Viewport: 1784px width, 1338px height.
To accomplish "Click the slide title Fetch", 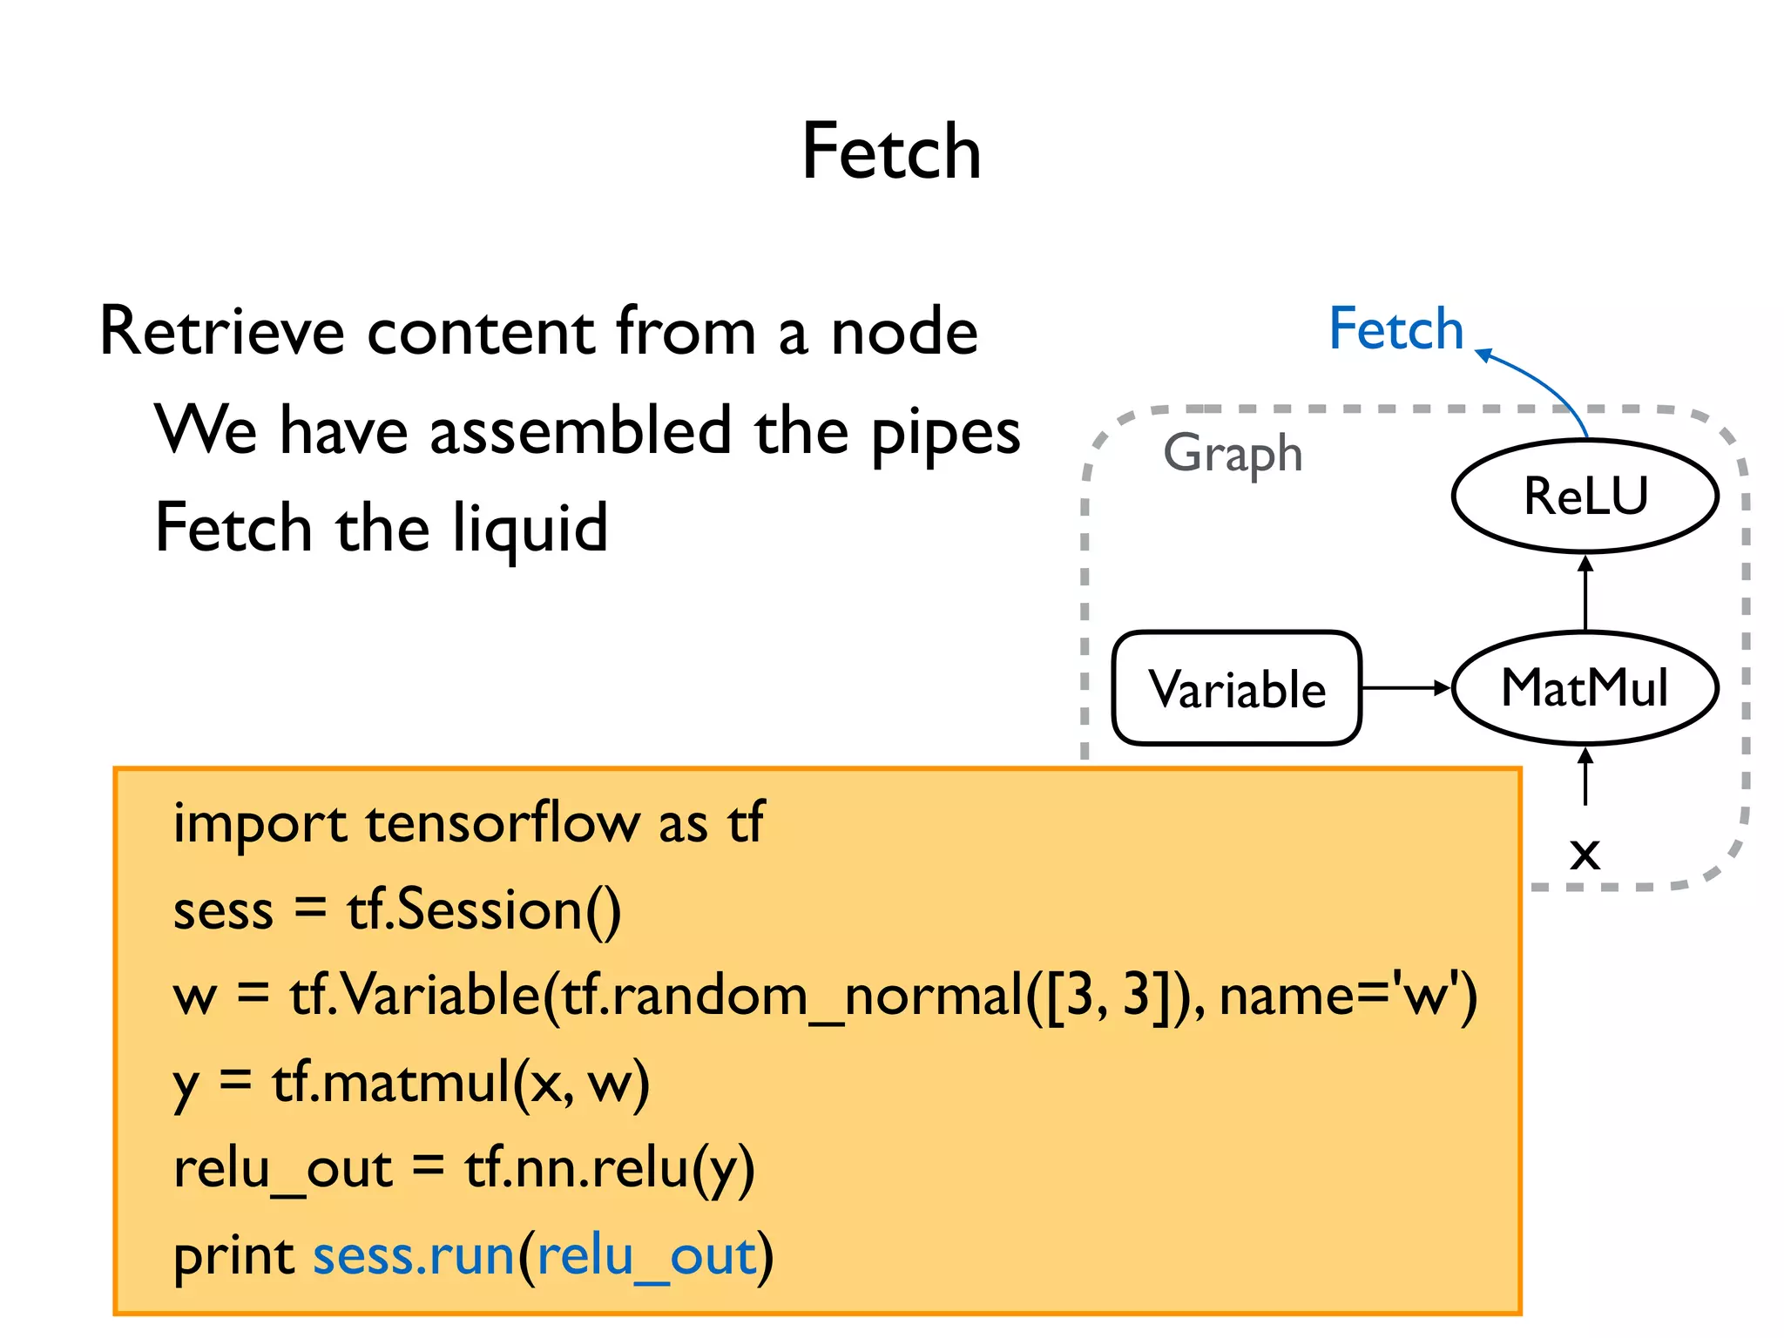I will coord(891,152).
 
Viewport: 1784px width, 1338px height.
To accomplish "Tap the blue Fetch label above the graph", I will coord(1395,329).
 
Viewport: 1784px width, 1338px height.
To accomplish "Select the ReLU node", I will coord(1585,496).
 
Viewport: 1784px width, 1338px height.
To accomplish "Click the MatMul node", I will coord(1585,688).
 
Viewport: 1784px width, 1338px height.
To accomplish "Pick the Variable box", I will coord(1237,689).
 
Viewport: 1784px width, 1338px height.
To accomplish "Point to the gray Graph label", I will coord(1233,454).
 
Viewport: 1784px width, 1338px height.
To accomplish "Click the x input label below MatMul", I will coord(1585,853).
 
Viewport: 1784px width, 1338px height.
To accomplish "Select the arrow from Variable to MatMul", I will coord(1405,688).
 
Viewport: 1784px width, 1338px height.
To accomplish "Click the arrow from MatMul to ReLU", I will coord(1585,592).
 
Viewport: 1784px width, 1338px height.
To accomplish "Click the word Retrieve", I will coord(222,332).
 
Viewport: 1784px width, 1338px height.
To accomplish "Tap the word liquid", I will coord(530,529).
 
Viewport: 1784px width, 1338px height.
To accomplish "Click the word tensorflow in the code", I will coord(503,823).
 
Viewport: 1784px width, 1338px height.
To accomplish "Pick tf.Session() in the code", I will coord(484,910).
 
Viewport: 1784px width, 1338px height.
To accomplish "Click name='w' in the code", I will coord(1348,996).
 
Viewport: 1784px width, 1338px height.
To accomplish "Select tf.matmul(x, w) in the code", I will coord(461,1083).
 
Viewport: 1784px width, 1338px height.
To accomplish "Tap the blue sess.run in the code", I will coord(414,1257).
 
